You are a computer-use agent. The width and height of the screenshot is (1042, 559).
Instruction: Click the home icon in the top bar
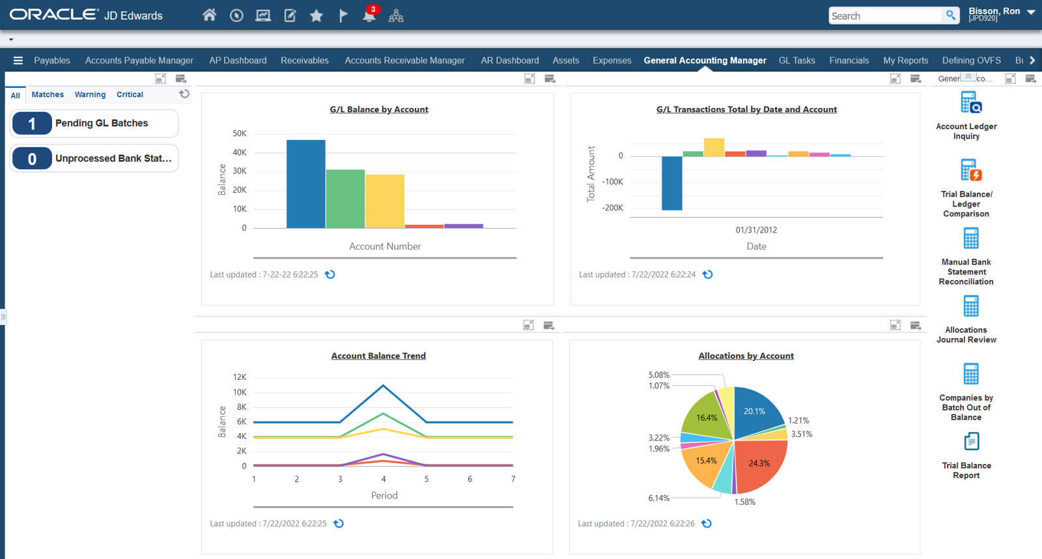tap(209, 15)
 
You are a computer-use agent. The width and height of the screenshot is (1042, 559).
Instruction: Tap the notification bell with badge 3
tap(369, 16)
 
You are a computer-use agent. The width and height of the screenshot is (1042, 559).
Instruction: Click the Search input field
tap(884, 16)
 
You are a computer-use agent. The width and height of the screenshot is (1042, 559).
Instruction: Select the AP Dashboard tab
tap(238, 61)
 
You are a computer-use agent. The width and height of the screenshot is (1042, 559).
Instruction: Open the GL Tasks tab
tap(796, 61)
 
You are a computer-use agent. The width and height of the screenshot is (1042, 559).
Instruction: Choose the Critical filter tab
tap(130, 94)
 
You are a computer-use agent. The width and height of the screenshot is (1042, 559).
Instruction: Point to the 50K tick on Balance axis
tap(239, 134)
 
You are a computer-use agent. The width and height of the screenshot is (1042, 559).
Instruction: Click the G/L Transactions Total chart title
tap(746, 109)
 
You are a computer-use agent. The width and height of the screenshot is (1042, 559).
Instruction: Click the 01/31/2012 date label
tap(756, 230)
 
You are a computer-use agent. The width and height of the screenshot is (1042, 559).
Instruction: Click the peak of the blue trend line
tap(383, 386)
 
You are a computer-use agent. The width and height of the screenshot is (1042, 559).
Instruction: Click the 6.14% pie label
tap(658, 498)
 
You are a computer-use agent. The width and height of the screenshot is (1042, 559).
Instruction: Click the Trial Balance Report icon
tap(970, 442)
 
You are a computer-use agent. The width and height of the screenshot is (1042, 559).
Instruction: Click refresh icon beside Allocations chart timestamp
tap(706, 523)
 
